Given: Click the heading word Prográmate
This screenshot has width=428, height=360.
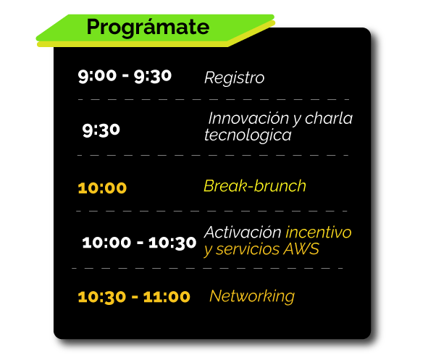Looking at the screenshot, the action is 148,28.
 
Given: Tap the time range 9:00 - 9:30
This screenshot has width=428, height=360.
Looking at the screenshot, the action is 125,76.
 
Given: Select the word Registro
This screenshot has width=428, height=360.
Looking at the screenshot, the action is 234,78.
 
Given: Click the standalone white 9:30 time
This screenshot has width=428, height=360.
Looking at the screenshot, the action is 101,130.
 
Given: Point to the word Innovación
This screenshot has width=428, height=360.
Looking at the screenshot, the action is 248,119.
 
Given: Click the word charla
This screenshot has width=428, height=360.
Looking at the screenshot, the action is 329,118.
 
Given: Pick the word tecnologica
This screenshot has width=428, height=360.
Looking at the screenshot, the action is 248,135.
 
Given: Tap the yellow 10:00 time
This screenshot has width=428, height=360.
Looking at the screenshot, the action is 102,188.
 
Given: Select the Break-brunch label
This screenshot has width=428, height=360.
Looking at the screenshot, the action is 255,186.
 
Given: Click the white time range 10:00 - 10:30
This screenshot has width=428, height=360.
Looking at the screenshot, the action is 139,243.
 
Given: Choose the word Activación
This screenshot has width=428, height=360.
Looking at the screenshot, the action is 243,233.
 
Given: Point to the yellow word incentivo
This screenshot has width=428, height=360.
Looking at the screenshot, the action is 318,233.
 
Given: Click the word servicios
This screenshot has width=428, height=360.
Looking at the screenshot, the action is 248,249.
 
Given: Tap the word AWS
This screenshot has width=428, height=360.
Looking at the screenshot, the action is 301,249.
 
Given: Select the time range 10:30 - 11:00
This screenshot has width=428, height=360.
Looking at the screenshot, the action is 134,297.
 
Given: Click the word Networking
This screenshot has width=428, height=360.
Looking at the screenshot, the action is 252,296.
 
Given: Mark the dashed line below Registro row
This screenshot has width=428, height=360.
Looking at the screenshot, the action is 214,100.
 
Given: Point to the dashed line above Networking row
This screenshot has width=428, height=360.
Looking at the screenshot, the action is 207,268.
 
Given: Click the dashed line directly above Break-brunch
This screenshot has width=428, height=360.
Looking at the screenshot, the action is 213,155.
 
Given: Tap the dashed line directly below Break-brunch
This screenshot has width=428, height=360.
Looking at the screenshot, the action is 211,211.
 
